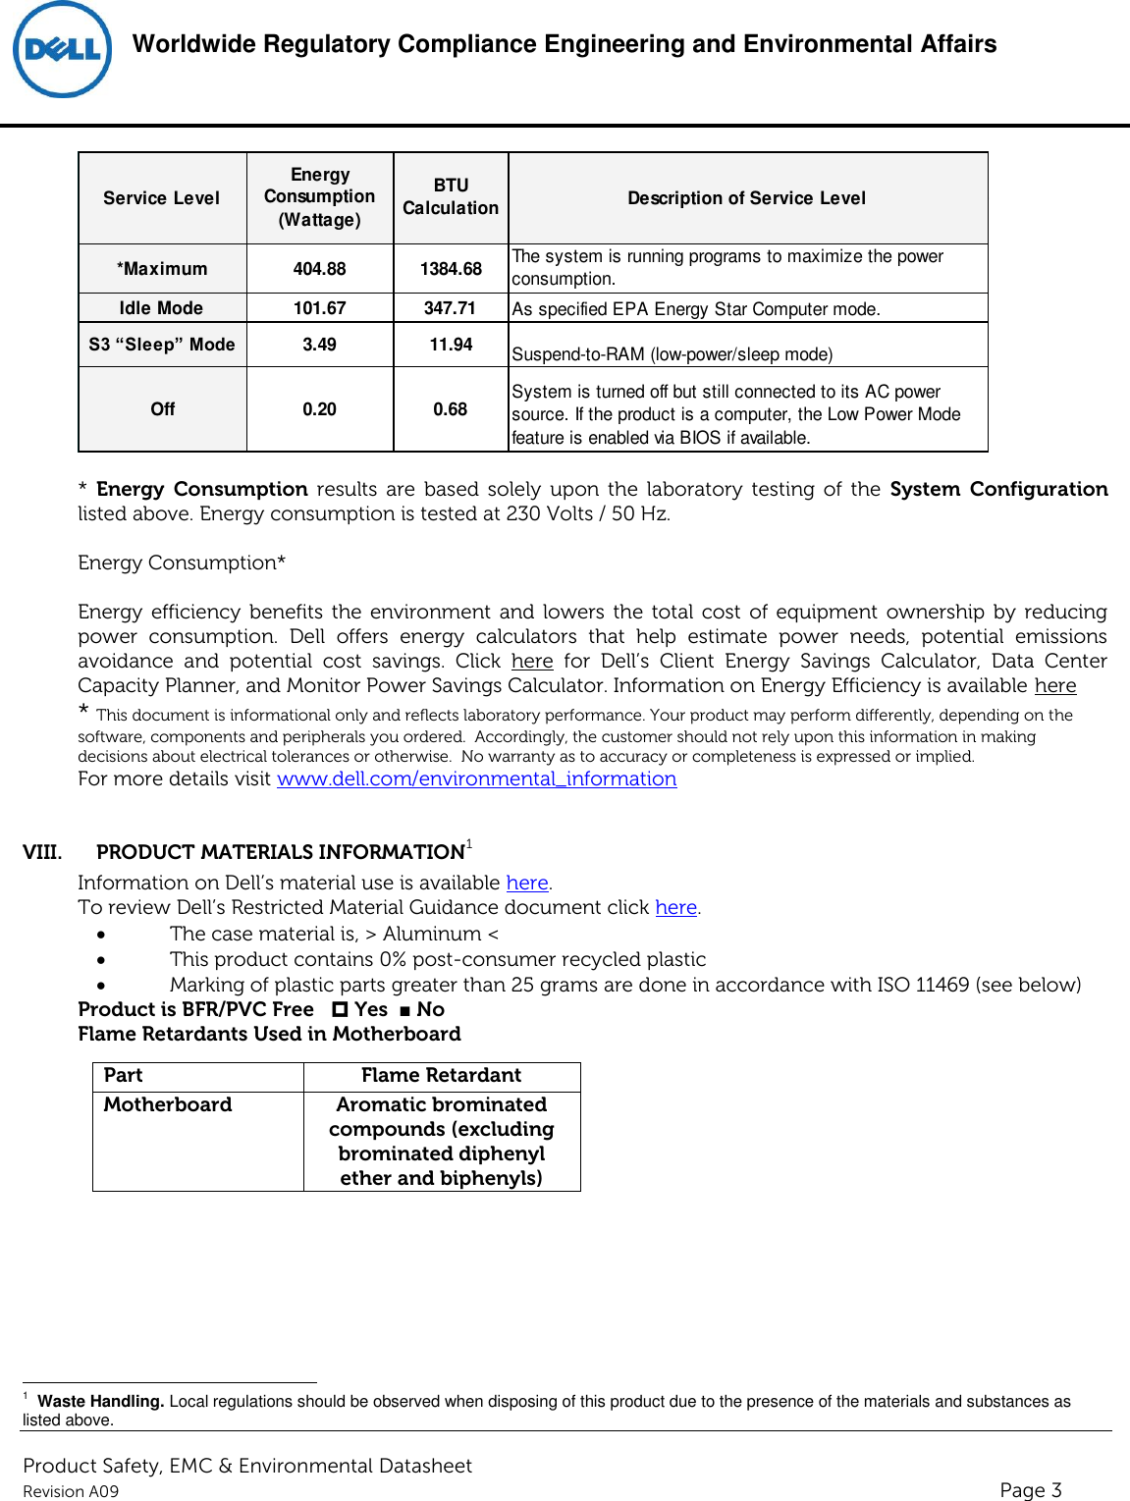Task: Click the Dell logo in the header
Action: pos(62,50)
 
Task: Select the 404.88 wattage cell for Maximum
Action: pos(319,269)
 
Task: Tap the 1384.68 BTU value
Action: pos(451,269)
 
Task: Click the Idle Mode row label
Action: pos(161,308)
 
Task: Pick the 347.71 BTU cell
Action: pos(450,308)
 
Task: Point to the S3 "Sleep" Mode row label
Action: pos(162,345)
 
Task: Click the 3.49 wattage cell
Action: pos(319,345)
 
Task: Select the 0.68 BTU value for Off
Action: pos(450,409)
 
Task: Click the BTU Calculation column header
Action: pos(451,197)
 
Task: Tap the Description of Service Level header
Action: pos(746,198)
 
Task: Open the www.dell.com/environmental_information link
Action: pos(476,779)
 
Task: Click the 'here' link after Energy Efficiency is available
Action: pos(1054,686)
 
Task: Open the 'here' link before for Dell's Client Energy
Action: pos(532,662)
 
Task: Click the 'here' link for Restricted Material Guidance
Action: pos(675,908)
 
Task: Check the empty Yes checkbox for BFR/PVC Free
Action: pos(340,1009)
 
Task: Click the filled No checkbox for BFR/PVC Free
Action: pos(404,1010)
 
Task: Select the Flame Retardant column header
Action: pos(441,1076)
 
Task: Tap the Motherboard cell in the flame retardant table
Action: pos(168,1105)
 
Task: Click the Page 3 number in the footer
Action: pos(1030,1490)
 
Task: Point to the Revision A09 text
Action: pos(71,1492)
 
